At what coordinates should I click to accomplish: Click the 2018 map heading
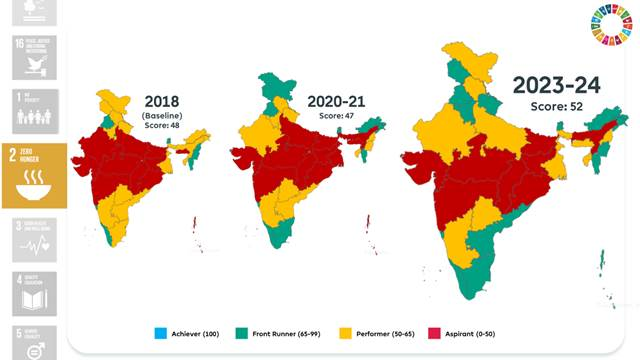click(x=161, y=101)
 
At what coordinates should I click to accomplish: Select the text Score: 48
click(x=161, y=126)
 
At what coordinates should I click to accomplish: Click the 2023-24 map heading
click(x=557, y=84)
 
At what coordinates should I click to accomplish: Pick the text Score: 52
click(x=557, y=106)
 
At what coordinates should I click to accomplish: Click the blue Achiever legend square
click(x=161, y=331)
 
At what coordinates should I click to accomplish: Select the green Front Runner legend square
click(x=242, y=331)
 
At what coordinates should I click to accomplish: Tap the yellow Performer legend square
click(x=347, y=331)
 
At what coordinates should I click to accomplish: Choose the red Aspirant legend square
click(x=434, y=331)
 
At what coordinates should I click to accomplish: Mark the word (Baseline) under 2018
click(x=161, y=115)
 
